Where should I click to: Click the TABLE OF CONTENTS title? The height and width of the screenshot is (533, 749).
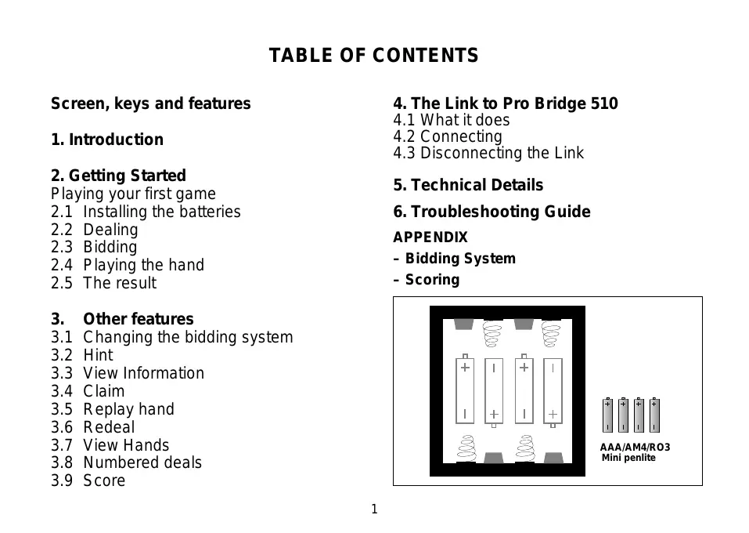coord(373,56)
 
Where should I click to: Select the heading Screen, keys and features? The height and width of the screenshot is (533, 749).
coord(150,103)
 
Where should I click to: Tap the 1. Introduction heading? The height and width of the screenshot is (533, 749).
coord(107,140)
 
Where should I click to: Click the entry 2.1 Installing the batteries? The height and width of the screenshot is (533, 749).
coord(146,212)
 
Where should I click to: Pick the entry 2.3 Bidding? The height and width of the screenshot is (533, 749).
coord(94,247)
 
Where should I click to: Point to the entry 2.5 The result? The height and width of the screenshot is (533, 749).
coord(103,283)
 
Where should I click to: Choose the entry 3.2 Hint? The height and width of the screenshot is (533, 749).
coord(82,355)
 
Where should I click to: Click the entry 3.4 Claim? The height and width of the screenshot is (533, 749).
coord(88,391)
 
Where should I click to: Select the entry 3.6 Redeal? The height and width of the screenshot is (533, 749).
coord(92,427)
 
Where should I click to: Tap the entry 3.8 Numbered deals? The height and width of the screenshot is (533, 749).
coord(126,462)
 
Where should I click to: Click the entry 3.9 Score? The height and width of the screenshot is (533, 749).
coord(88,480)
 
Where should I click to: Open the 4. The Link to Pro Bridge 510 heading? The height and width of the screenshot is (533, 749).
coord(505,103)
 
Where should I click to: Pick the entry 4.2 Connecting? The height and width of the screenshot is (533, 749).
coord(448,136)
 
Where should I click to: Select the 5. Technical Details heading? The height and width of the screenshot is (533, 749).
coord(467,185)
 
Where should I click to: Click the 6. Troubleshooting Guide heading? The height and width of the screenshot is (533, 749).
coord(492,212)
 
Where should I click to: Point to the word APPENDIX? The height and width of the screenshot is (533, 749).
coord(430,237)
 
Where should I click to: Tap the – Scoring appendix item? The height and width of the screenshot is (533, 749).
coord(426,280)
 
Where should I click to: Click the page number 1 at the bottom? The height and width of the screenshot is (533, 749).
coord(374,509)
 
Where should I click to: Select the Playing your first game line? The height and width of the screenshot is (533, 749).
coord(133,194)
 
